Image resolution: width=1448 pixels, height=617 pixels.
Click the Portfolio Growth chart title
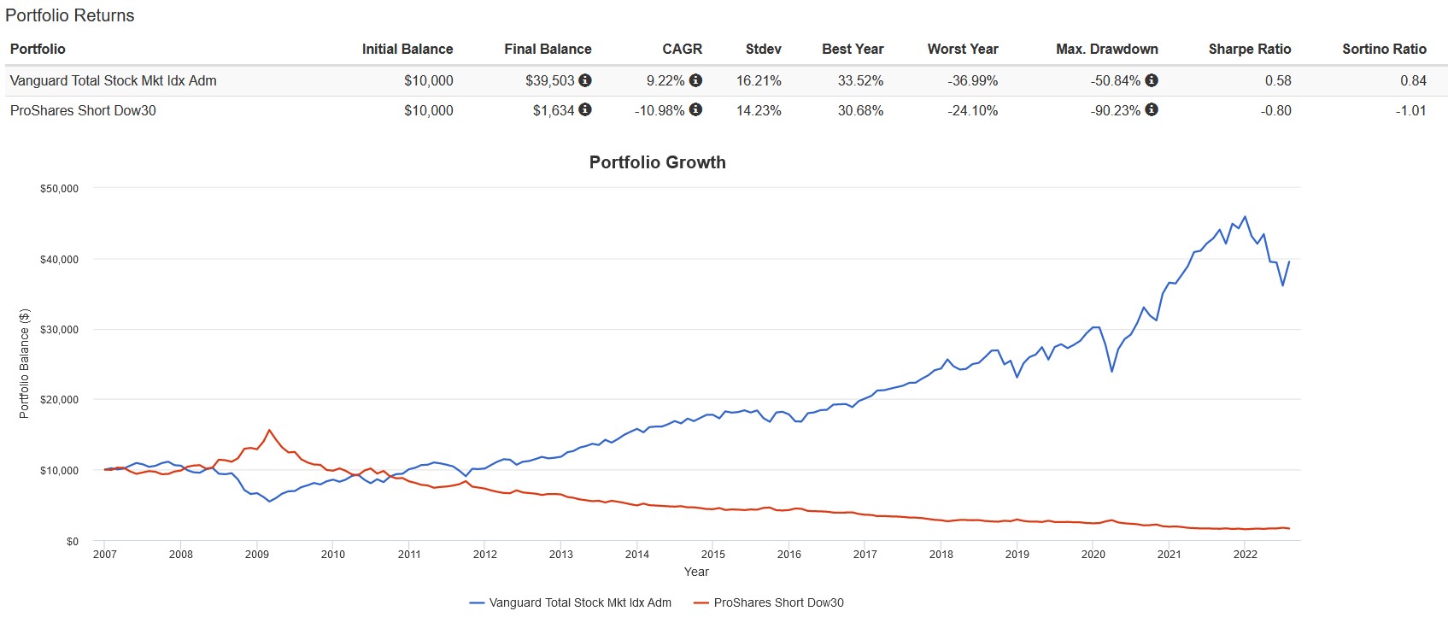pos(657,162)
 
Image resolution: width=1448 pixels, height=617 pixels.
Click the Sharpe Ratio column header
pos(1249,49)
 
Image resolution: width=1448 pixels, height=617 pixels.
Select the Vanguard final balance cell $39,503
pos(549,80)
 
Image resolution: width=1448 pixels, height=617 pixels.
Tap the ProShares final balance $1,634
pos(553,110)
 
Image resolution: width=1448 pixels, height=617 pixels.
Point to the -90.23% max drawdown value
pos(1115,110)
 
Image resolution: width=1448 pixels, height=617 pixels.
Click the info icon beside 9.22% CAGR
pos(696,80)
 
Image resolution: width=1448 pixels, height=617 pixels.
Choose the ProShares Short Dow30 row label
pos(83,110)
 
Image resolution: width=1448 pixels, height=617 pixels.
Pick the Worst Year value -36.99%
pos(972,80)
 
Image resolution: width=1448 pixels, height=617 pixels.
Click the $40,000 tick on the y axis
pos(59,260)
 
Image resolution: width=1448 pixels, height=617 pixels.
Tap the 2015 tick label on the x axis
pos(712,554)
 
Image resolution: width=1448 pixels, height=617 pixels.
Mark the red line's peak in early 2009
pos(270,430)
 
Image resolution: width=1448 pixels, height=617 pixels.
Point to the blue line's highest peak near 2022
pos(1245,217)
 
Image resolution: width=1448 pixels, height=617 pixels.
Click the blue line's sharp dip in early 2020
pos(1111,371)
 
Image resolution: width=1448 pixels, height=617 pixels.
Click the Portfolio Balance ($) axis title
pos(24,363)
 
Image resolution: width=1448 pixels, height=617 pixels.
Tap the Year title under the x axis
pos(696,572)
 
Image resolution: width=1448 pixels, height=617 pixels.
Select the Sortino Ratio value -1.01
pos(1412,110)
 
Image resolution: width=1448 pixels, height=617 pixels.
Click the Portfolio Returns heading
pos(70,15)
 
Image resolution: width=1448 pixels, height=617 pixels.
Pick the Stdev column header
pos(763,49)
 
